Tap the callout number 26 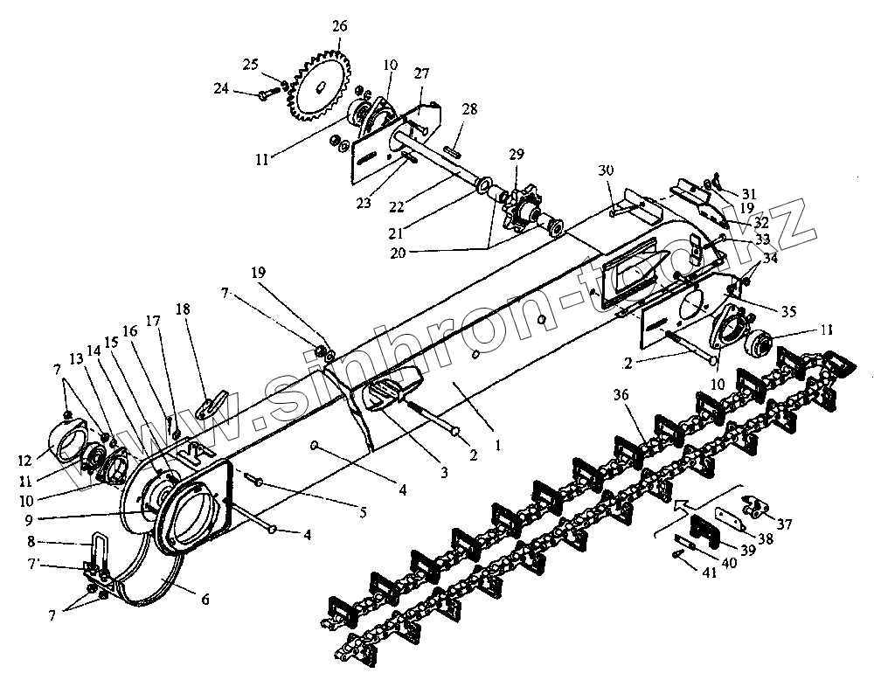pyautogui.click(x=339, y=26)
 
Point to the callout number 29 pyautogui.click(x=517, y=154)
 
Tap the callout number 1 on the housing pyautogui.click(x=496, y=445)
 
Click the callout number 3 pyautogui.click(x=444, y=473)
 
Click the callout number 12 pyautogui.click(x=52, y=458)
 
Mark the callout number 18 pyautogui.click(x=182, y=309)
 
